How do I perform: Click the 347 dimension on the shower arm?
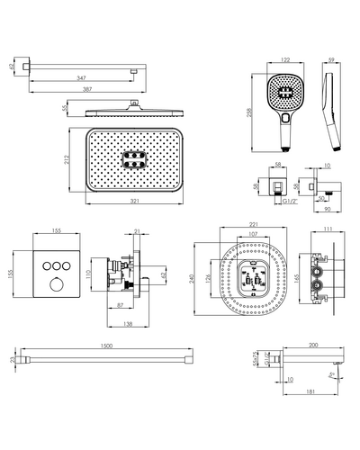click(81, 78)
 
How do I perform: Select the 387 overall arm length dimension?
click(87, 89)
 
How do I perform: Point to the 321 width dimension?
click(135, 201)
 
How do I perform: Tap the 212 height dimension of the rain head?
click(67, 159)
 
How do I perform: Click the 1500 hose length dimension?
click(106, 346)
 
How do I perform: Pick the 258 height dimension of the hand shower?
click(249, 112)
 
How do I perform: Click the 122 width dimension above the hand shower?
click(285, 59)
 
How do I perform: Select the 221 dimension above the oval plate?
click(254, 224)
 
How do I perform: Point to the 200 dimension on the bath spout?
click(313, 346)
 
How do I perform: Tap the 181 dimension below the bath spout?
click(311, 391)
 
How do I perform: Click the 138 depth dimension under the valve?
click(128, 324)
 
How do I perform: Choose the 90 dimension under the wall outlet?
click(328, 209)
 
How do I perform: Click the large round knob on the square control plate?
click(57, 284)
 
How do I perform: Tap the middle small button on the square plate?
click(57, 265)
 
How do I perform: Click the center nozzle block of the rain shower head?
click(134, 159)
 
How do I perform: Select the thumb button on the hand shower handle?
click(285, 118)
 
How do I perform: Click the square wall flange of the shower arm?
click(22, 66)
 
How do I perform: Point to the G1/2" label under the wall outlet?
click(290, 202)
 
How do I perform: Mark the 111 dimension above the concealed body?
click(328, 229)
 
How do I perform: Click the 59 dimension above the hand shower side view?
click(331, 59)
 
